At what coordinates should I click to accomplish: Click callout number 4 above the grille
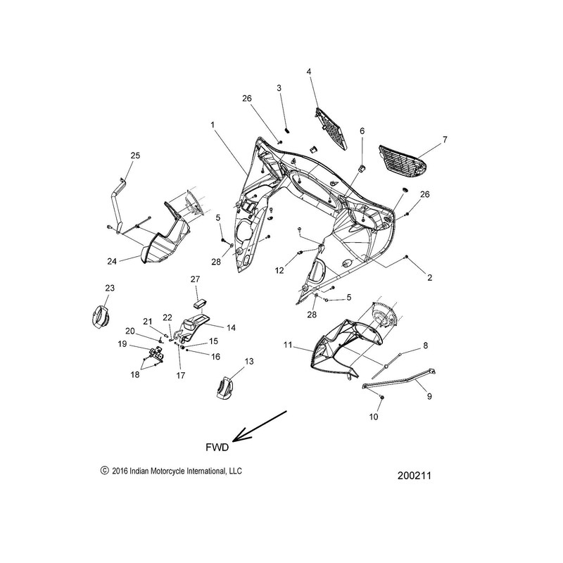point(308,71)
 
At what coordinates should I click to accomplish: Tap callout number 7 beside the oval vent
point(444,141)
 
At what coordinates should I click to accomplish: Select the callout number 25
point(135,155)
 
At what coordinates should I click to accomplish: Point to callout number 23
point(109,288)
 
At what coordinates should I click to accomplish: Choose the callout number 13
point(247,361)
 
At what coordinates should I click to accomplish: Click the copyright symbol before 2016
point(105,472)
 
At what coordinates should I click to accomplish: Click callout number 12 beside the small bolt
point(279,270)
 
